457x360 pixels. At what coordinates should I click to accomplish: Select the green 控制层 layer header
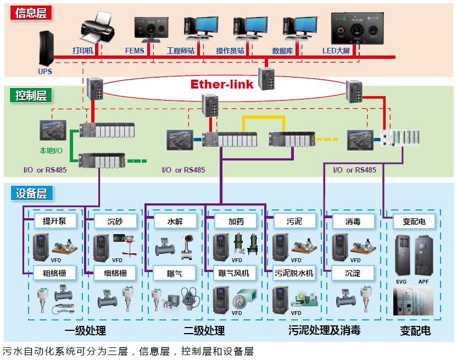pos(31,95)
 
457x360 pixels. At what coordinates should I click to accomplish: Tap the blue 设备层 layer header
pos(31,193)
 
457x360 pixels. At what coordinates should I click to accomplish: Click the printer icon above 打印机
pos(97,27)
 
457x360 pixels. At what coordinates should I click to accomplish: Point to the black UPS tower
pos(46,48)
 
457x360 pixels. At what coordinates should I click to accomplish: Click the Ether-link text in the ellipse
pos(222,85)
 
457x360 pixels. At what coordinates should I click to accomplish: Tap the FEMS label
pos(135,51)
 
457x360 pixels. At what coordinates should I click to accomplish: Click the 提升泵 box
pos(55,221)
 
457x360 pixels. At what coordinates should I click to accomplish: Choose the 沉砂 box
pos(116,221)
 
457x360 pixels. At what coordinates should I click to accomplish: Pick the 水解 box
pos(175,221)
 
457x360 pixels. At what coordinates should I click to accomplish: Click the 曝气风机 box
pos(235,273)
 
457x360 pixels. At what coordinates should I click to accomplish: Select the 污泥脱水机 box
pos(294,273)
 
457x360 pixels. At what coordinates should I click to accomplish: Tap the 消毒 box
pos(353,221)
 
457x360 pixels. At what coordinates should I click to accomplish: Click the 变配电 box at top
pos(414,221)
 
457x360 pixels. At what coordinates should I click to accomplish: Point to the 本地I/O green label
pos(51,150)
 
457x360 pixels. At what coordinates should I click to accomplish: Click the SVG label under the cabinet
pos(402,281)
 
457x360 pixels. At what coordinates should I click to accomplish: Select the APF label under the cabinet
pos(423,281)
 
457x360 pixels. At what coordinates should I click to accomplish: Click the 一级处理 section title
pos(85,331)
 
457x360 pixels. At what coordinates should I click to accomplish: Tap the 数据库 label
pos(282,51)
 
